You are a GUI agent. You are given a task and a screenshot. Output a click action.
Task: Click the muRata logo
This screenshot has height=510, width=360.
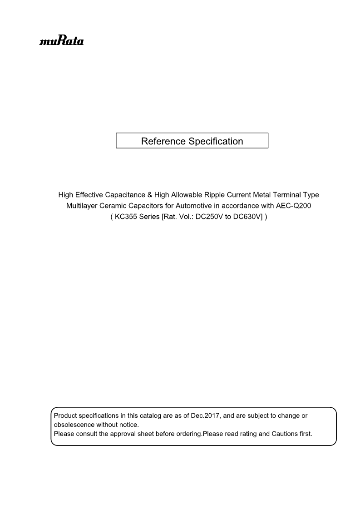point(61,41)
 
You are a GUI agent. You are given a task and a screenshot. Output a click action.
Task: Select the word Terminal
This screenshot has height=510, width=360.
point(286,195)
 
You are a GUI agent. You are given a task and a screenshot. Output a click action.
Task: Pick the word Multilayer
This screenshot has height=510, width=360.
point(82,206)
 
